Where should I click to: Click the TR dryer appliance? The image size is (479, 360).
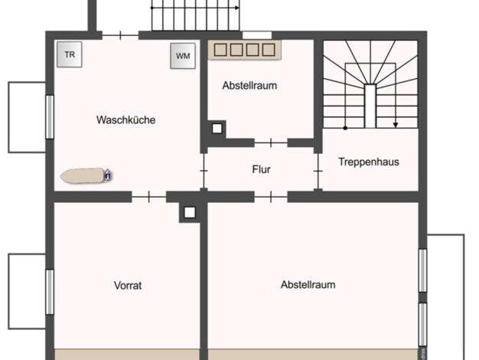point(70,54)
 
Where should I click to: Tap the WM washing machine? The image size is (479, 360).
point(183,56)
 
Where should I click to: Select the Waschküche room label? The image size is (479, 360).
point(125,119)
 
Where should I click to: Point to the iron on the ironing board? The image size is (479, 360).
point(107,175)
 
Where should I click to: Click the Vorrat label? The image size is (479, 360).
point(128,286)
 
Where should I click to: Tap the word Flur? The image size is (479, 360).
point(261,169)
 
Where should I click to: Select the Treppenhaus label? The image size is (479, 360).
point(369,162)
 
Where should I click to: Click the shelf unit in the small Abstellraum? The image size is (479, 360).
point(244,50)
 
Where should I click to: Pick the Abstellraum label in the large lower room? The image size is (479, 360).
point(308,284)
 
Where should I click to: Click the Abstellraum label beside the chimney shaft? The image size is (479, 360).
point(249,85)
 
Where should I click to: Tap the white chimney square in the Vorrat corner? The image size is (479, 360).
point(190,212)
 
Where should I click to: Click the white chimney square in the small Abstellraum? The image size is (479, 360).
point(217,129)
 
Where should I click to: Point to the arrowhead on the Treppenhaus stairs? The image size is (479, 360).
point(396,125)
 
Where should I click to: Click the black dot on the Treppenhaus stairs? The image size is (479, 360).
point(345,128)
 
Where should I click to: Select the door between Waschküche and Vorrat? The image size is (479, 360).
point(148,197)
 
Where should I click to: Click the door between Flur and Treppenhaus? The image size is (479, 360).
point(318,171)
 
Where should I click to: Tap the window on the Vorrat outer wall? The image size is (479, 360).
point(50,292)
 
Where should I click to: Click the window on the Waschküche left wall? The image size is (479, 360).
point(50,117)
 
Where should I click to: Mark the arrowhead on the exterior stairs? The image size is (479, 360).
point(236,8)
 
